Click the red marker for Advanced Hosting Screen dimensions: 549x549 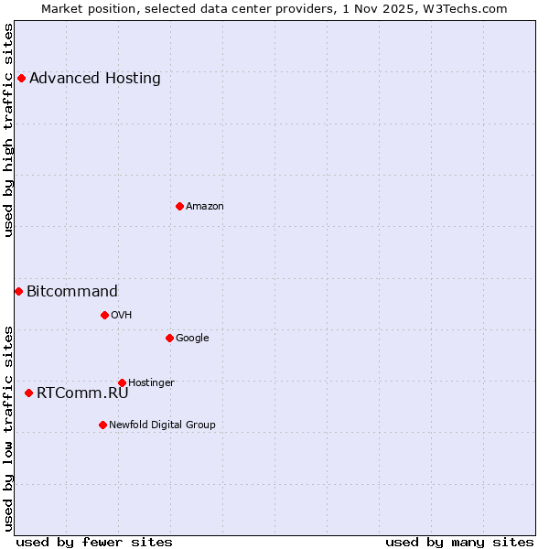click(21, 78)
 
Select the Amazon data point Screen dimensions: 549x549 click(179, 206)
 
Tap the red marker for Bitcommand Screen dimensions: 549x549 click(18, 291)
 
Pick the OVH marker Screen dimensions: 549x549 click(104, 315)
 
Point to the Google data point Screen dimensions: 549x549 click(169, 338)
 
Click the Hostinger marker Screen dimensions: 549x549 click(122, 382)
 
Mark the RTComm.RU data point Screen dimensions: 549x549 click(28, 393)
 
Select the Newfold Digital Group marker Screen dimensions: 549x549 click(102, 425)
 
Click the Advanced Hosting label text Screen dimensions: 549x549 click(95, 78)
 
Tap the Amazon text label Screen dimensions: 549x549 click(205, 206)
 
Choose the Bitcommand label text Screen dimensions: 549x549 click(72, 291)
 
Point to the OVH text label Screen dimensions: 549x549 click(122, 315)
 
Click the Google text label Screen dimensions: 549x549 click(192, 338)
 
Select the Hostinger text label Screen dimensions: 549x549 click(151, 382)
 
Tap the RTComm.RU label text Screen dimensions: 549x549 click(82, 393)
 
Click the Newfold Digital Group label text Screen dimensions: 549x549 click(162, 425)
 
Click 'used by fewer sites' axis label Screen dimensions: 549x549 click(94, 542)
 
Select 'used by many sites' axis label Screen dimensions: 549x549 click(459, 542)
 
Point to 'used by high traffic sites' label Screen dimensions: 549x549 click(8, 130)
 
